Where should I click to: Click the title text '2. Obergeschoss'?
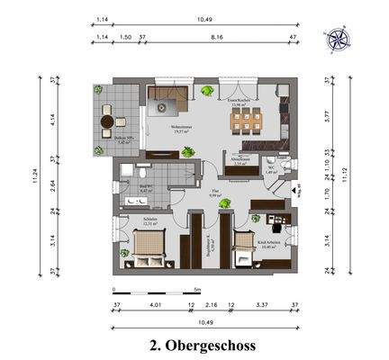click(202, 345)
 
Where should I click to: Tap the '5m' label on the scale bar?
click(196, 290)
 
